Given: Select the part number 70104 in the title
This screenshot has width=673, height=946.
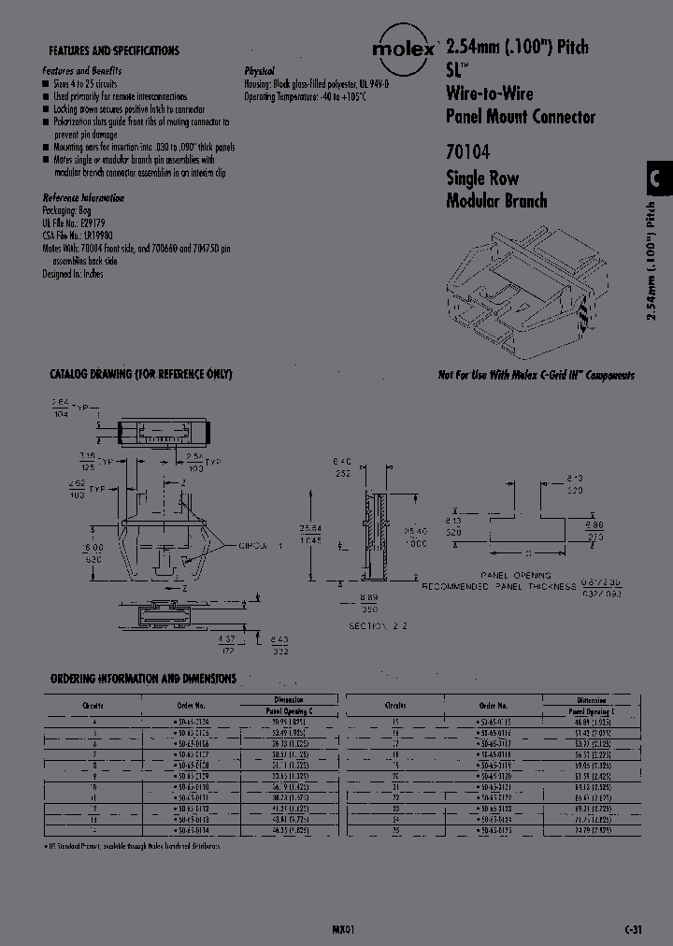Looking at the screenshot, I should click(x=467, y=150).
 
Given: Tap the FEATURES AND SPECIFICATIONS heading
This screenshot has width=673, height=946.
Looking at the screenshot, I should click(x=113, y=50).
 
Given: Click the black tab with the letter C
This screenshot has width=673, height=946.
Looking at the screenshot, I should click(x=657, y=179).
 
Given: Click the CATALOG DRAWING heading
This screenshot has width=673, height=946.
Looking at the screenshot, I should click(x=140, y=374).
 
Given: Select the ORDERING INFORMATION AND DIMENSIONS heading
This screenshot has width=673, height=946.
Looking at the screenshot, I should click(x=142, y=679).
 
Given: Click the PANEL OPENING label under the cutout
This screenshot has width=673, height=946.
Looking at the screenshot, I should click(x=515, y=575).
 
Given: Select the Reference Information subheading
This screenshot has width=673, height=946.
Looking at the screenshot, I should click(x=83, y=198).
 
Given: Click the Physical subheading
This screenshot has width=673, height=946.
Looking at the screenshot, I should click(x=259, y=71).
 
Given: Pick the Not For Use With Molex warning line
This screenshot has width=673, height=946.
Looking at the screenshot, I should click(x=536, y=375).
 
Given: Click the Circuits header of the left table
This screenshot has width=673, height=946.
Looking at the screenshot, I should click(x=93, y=705).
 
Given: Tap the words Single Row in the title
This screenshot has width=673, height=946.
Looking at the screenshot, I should click(x=482, y=178).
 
